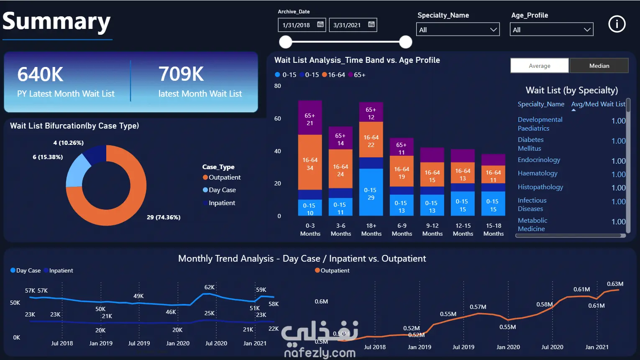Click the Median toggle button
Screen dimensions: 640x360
(599, 66)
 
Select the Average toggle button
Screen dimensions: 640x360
(540, 66)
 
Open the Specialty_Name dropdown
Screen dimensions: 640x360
(458, 29)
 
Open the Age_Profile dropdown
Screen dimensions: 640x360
(551, 29)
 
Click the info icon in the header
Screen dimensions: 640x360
(617, 24)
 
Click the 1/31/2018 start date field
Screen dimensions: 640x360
(302, 25)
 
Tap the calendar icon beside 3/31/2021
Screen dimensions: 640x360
(371, 24)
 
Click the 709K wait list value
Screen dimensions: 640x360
(181, 74)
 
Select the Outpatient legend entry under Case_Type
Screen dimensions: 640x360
(222, 177)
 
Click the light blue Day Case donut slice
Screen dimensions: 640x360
(77, 171)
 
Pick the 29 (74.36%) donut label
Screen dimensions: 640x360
(164, 217)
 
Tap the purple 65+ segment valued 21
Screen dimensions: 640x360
(310, 118)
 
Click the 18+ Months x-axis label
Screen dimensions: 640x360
(371, 230)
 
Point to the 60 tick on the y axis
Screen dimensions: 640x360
(277, 118)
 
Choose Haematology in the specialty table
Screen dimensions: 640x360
(538, 173)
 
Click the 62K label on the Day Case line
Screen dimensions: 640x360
(210, 287)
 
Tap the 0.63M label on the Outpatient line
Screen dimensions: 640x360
(615, 284)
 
